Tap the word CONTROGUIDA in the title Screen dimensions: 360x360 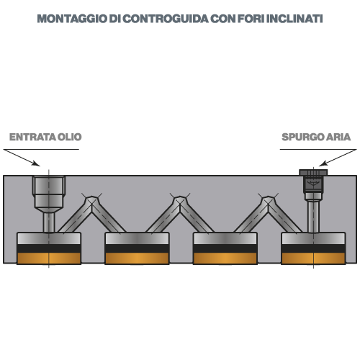(166, 19)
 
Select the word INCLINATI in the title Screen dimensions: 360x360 (294, 19)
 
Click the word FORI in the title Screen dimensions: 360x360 (251, 19)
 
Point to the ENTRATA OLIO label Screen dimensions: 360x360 (45, 137)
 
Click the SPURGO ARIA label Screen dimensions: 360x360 (316, 137)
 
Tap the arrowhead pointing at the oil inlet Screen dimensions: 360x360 (37, 163)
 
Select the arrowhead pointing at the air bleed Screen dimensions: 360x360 (323, 163)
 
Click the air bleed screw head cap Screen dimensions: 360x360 (313, 172)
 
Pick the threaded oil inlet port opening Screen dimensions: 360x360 (49, 185)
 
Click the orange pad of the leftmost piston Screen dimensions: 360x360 (49, 258)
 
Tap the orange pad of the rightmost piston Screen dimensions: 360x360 (313, 258)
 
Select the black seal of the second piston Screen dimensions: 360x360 (137, 248)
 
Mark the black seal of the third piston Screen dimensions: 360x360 (225, 248)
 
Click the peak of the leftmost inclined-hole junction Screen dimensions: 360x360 (91, 198)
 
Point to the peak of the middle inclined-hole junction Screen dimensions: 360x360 (180, 198)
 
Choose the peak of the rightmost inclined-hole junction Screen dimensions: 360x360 (268, 198)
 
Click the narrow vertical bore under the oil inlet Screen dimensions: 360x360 (49, 222)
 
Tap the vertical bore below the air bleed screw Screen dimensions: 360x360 (313, 217)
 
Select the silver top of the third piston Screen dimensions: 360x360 (225, 238)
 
